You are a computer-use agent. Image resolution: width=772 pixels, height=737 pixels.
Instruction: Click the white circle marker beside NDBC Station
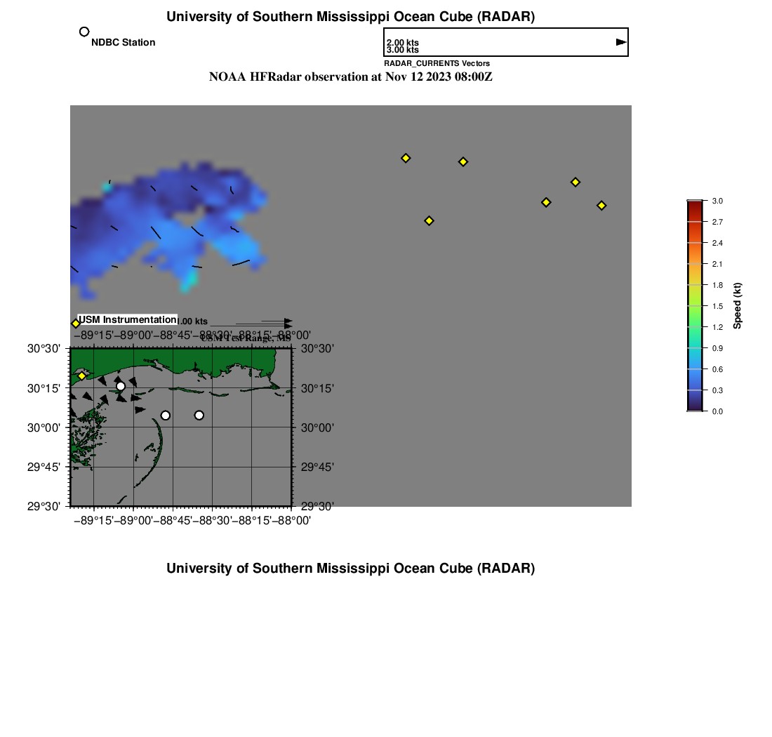[x=84, y=32]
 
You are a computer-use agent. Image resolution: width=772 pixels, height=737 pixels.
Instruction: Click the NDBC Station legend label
[x=123, y=43]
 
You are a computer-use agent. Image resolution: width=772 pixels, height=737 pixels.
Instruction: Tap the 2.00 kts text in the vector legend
[x=403, y=44]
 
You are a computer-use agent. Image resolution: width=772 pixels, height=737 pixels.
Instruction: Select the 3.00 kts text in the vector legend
[x=403, y=51]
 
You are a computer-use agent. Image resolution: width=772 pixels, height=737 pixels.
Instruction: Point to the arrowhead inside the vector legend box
[x=621, y=42]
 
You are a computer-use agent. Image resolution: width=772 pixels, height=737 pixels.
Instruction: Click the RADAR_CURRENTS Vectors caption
[x=437, y=64]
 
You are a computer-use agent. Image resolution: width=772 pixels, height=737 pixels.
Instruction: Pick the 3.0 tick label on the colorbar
[x=717, y=201]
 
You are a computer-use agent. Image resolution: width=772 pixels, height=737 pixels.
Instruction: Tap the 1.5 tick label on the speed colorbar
[x=717, y=306]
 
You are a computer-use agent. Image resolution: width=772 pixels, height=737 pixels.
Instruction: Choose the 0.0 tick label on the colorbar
[x=717, y=411]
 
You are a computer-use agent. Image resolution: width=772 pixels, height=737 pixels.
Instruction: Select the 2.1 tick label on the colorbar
[x=717, y=264]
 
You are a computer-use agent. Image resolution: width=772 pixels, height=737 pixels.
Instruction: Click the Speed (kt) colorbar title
[x=738, y=306]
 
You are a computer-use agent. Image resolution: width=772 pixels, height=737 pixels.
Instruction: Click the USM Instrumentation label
[x=127, y=320]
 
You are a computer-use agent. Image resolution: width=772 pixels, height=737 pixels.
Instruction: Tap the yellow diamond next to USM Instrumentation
[x=76, y=324]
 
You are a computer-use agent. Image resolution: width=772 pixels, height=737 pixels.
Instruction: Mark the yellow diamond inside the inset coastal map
[x=82, y=376]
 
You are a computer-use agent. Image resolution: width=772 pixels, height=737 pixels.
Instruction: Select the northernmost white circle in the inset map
[x=121, y=386]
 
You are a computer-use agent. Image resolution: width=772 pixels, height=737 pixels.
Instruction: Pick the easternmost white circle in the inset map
[x=199, y=416]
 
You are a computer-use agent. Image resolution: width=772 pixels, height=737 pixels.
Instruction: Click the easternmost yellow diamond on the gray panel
[x=601, y=206]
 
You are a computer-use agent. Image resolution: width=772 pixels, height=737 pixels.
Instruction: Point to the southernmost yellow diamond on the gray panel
[x=430, y=221]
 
